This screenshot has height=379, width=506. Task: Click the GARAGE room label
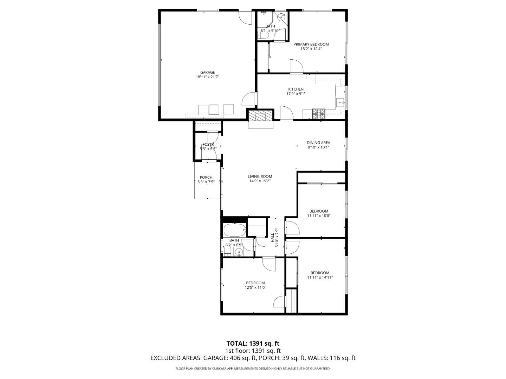(x=207, y=72)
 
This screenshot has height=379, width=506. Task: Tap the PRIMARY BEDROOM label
(x=311, y=44)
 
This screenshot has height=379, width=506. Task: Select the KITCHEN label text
(x=296, y=89)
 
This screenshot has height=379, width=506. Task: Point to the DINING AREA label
(x=318, y=142)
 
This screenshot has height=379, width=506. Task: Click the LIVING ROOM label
(x=260, y=177)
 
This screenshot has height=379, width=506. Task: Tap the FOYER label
(x=208, y=144)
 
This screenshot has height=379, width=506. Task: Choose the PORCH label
(x=206, y=177)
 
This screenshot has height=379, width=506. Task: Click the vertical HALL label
(x=272, y=238)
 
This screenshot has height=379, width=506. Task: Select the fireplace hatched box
(x=260, y=116)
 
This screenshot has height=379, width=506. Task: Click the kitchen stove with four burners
(x=319, y=114)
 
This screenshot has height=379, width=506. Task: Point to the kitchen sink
(x=340, y=103)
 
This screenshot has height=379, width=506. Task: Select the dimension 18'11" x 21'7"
(x=207, y=77)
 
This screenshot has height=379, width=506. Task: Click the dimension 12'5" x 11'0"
(x=255, y=287)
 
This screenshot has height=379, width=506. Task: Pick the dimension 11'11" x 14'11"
(x=320, y=277)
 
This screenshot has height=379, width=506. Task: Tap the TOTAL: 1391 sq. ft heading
(x=253, y=344)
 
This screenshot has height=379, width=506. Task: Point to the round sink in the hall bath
(x=239, y=252)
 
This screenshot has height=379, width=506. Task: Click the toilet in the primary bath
(x=264, y=35)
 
